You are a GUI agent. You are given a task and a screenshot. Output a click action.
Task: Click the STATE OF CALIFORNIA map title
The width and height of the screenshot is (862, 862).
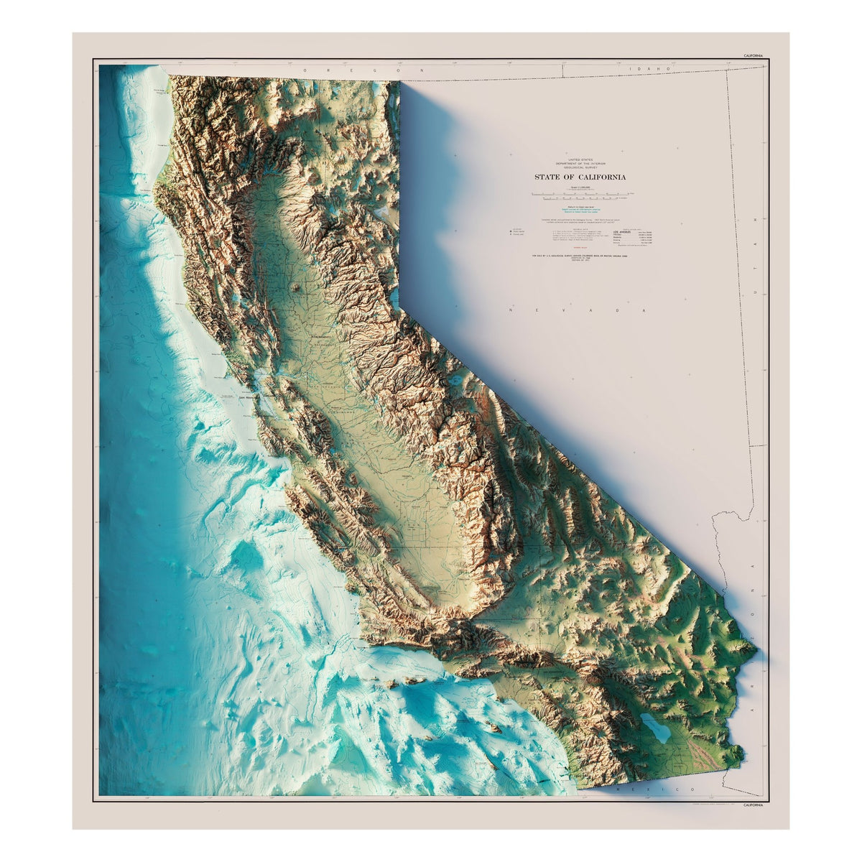579,177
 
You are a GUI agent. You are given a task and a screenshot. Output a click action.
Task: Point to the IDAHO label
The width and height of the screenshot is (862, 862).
639,69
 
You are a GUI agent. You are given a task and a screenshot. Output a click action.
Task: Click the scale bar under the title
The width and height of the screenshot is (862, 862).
579,194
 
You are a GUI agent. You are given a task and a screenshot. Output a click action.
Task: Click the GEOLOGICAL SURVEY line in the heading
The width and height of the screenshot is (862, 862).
579,169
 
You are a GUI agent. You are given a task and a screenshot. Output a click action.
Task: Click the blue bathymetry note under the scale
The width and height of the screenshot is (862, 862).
579,210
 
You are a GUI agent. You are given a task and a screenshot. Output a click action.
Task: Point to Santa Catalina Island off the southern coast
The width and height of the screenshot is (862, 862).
492,728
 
